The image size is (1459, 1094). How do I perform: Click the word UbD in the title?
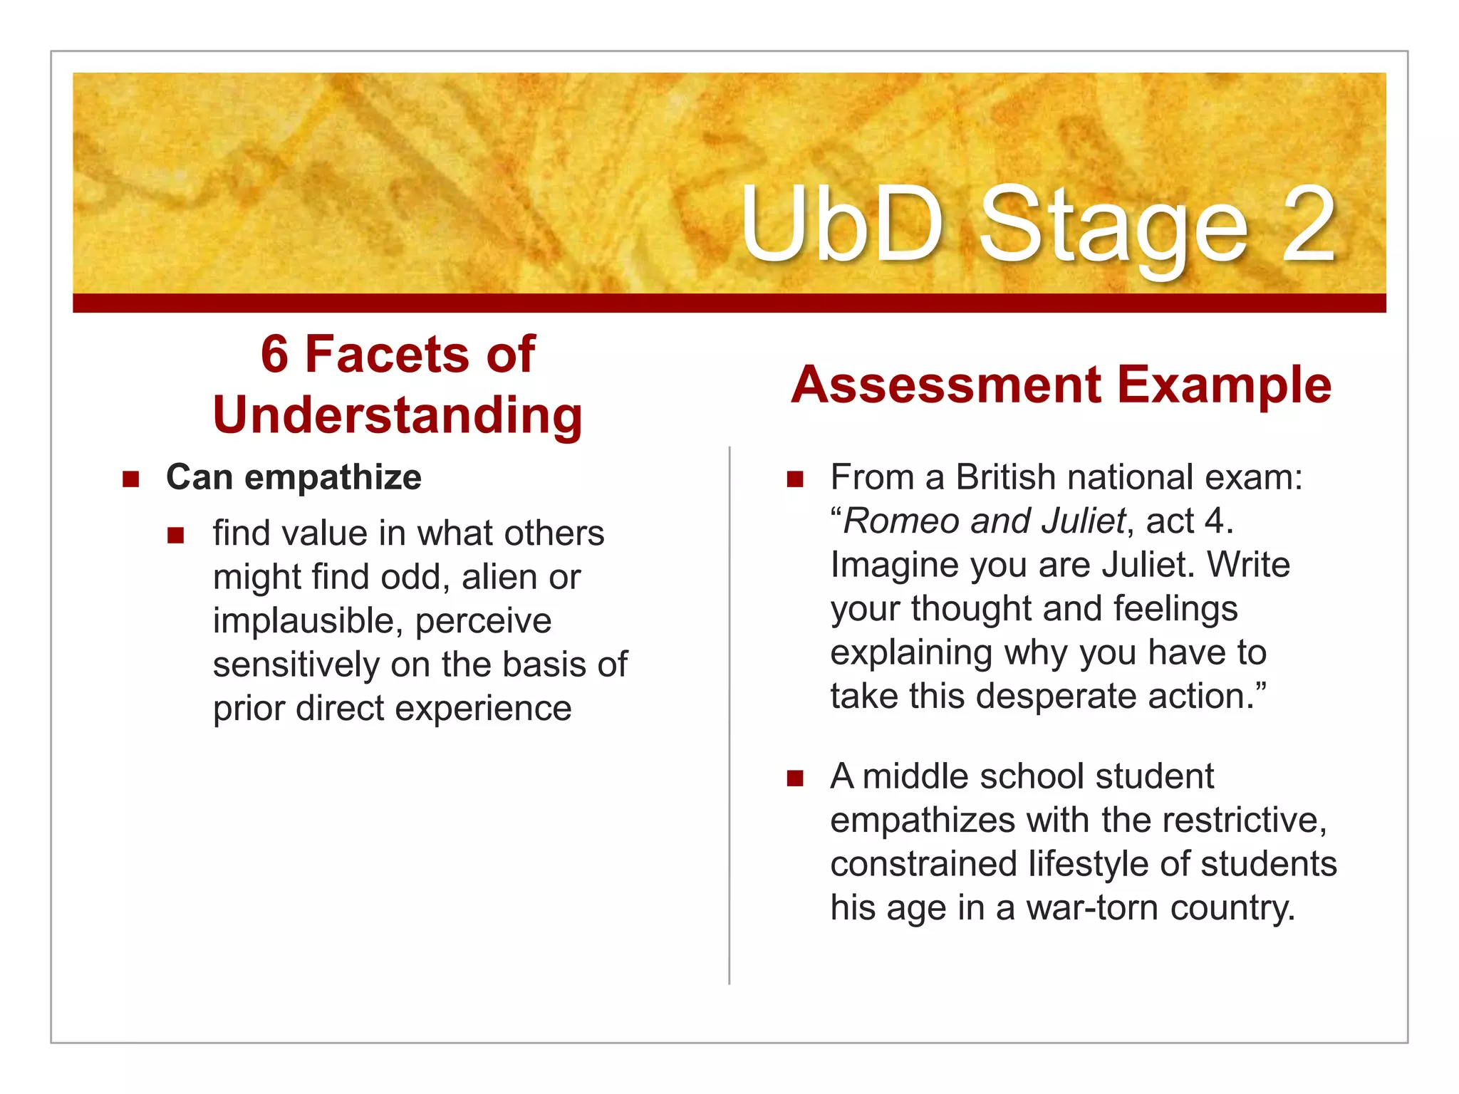[x=841, y=225]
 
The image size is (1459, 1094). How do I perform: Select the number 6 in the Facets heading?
[x=274, y=355]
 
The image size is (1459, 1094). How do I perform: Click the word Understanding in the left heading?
[x=398, y=416]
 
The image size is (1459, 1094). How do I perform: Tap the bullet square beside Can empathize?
[x=130, y=479]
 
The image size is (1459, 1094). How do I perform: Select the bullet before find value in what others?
[x=176, y=534]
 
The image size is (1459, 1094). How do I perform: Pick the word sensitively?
[x=296, y=665]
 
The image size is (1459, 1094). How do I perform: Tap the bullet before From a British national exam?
[x=795, y=479]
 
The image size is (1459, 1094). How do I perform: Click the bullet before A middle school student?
[x=795, y=778]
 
